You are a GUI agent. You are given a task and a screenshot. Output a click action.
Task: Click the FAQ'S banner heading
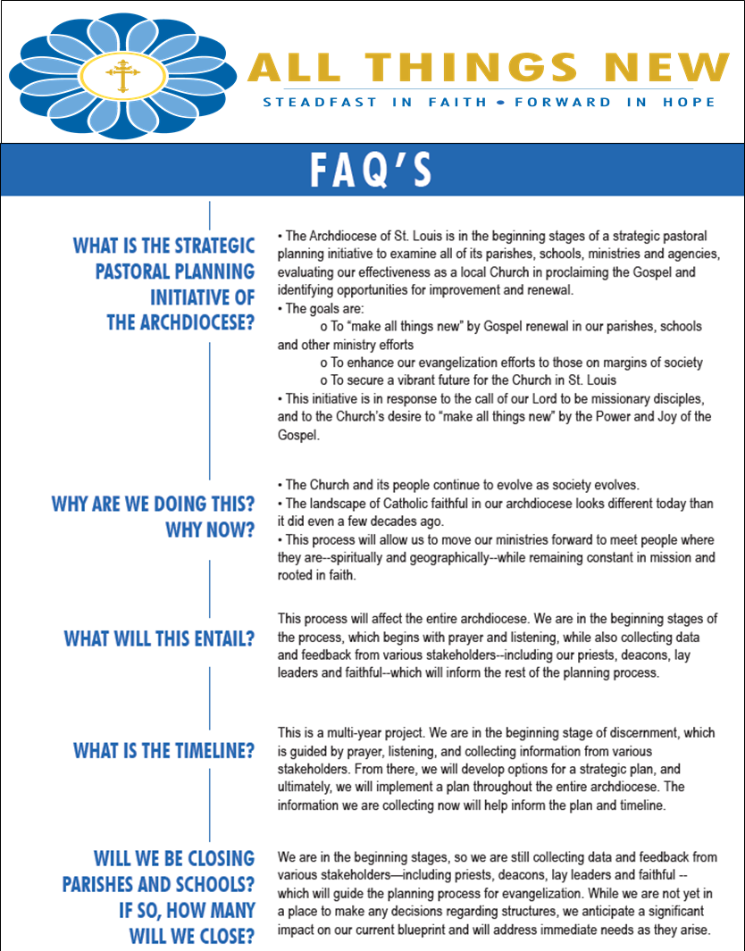click(371, 170)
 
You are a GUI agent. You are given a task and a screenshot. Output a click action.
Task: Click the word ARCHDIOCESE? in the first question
click(180, 323)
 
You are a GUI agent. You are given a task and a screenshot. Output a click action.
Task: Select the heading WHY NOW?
click(210, 530)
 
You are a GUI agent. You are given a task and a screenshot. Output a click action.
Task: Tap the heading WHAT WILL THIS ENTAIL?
click(159, 639)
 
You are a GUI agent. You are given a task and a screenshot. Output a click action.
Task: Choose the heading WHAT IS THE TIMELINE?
click(164, 751)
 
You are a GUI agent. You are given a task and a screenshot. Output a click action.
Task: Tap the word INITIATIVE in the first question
click(202, 296)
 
